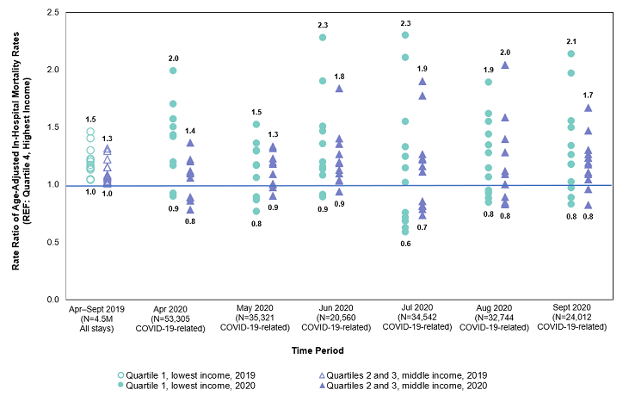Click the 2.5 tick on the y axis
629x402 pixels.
pyautogui.click(x=52, y=12)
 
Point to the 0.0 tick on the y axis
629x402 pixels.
pyautogui.click(x=52, y=300)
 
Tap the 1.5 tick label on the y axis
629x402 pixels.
pyautogui.click(x=52, y=127)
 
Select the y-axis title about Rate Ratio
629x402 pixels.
pyautogui.click(x=20, y=155)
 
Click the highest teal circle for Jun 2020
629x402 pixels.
pyautogui.click(x=323, y=37)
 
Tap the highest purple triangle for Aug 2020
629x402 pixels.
pyautogui.click(x=505, y=65)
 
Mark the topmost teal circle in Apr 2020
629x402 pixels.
pyautogui.click(x=173, y=71)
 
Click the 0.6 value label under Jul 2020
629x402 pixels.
pyautogui.click(x=404, y=244)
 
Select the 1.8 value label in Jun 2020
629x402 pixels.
pyautogui.click(x=339, y=77)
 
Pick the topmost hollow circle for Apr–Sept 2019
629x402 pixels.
pyautogui.click(x=90, y=132)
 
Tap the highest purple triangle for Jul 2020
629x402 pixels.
pyautogui.click(x=422, y=81)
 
